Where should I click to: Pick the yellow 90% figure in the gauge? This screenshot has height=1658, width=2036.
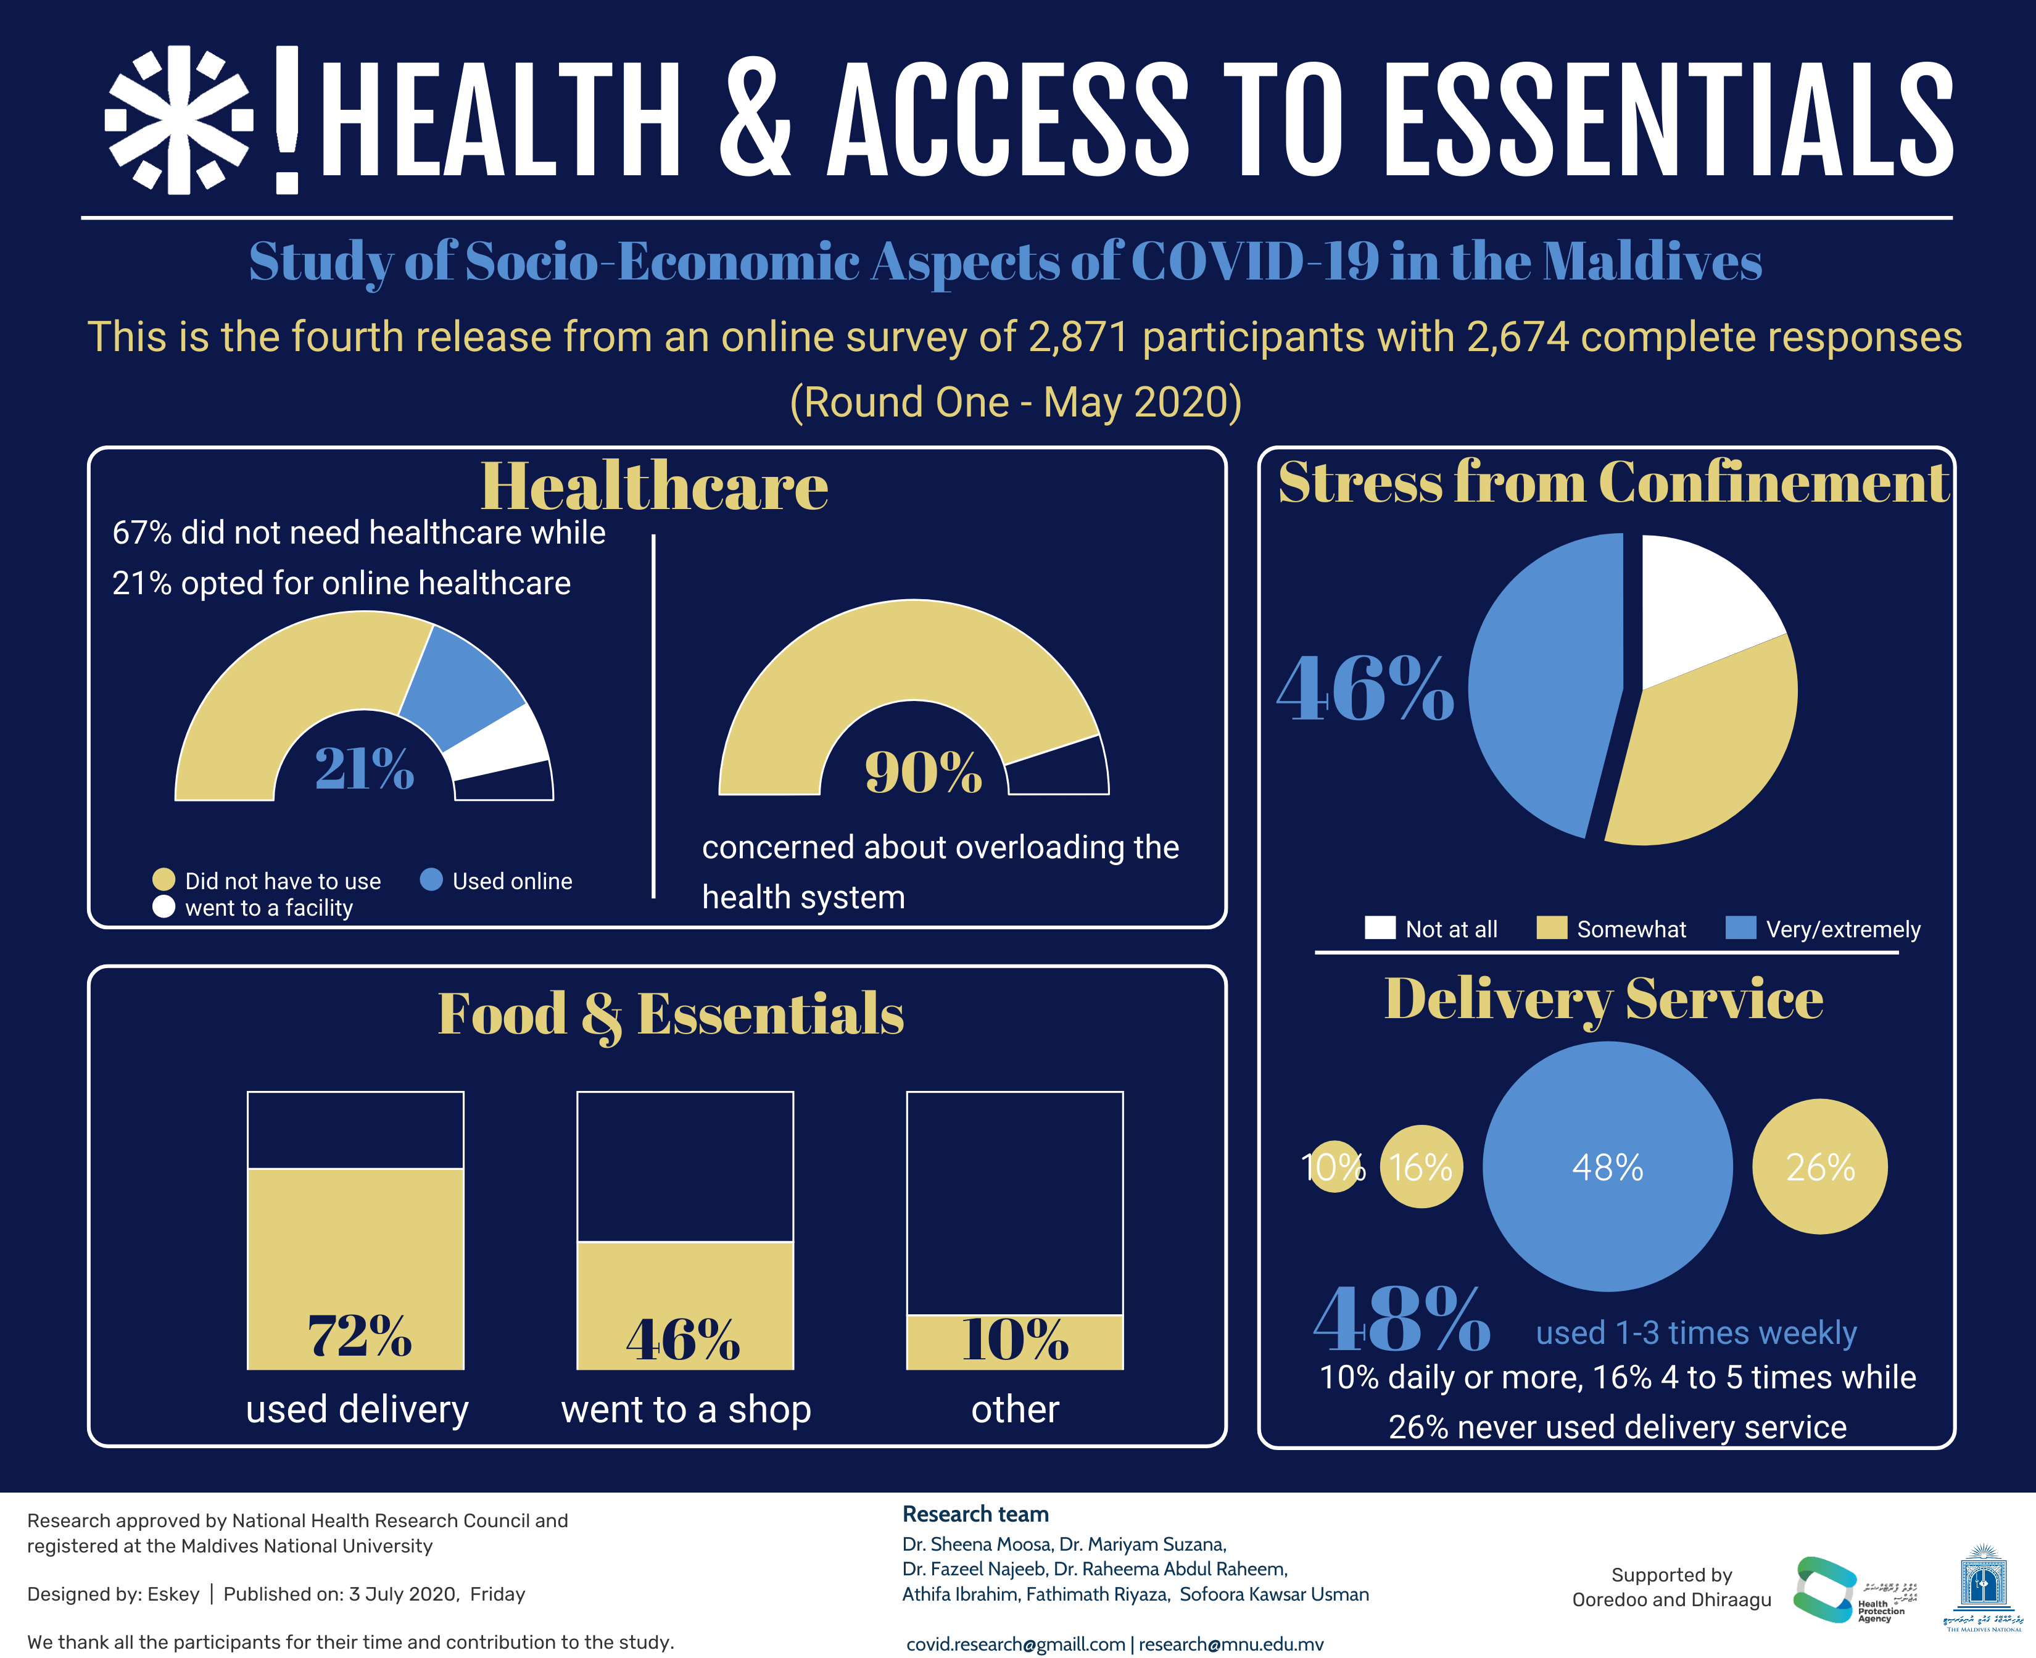922,772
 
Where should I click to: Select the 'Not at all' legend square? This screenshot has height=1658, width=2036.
1380,927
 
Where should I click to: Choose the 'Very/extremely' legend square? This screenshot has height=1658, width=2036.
1741,927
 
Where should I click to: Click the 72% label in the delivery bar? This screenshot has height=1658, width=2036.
359,1335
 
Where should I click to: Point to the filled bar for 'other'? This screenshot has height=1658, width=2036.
1014,1342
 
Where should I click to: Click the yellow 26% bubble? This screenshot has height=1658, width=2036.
1820,1166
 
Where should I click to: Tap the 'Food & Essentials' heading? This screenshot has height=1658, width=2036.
671,1014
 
